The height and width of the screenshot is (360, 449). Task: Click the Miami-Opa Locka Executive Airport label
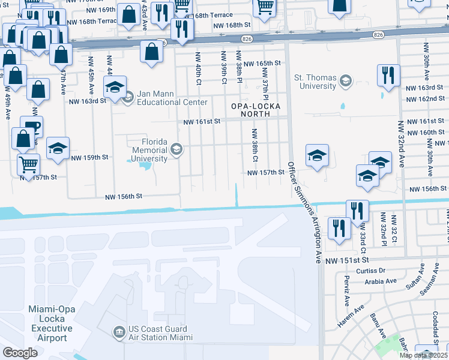pyautogui.click(x=50, y=323)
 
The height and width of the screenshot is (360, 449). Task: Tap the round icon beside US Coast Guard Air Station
pyautogui.click(x=119, y=331)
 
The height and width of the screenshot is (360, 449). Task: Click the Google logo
pyautogui.click(x=20, y=352)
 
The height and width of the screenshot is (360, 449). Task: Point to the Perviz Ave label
pyautogui.click(x=347, y=290)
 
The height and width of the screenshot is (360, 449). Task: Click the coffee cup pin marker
pyautogui.click(x=31, y=127)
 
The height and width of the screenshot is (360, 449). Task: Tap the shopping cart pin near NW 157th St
pyautogui.click(x=28, y=163)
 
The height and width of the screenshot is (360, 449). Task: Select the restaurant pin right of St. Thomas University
pyautogui.click(x=388, y=74)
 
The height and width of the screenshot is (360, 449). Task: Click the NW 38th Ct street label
pyautogui.click(x=254, y=145)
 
